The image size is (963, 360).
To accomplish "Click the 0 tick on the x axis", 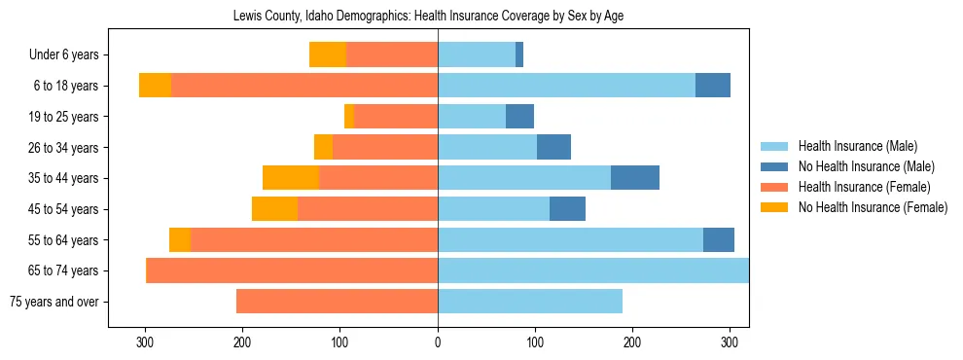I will (x=438, y=342).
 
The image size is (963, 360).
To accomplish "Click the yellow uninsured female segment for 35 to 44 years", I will (x=291, y=178).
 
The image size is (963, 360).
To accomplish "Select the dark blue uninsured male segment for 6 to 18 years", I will (x=713, y=86).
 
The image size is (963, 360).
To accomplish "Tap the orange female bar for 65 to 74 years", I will (x=292, y=270).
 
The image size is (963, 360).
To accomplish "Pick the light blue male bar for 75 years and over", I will (x=530, y=302).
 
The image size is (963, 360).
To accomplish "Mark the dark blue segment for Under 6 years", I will (x=519, y=55).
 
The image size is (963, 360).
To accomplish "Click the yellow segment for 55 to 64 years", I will (x=180, y=240).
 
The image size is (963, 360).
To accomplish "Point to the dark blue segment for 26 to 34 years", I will (x=553, y=148).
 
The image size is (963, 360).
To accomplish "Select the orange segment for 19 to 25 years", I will (x=396, y=117).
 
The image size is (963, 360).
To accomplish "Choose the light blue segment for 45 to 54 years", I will (x=493, y=209).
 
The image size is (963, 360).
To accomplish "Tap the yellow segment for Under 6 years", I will (x=328, y=55).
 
